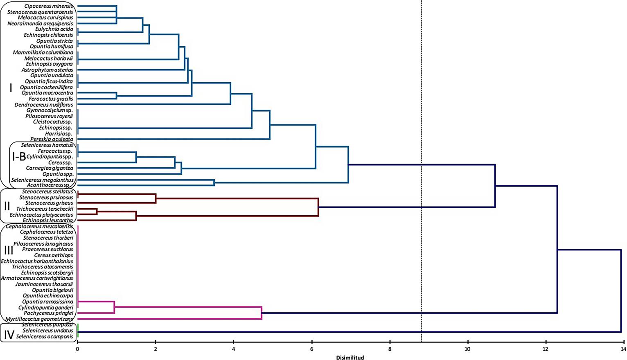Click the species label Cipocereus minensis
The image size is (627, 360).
pyautogui.click(x=49, y=6)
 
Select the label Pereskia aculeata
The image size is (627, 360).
pyautogui.click(x=52, y=139)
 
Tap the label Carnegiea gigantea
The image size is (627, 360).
pyautogui.click(x=50, y=168)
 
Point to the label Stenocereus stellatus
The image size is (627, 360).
pyautogui.click(x=47, y=191)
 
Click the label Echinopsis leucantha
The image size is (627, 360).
pyautogui.click(x=48, y=220)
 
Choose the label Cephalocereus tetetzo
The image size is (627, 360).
pyautogui.click(x=47, y=232)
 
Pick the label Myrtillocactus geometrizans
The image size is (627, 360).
pyautogui.click(x=39, y=319)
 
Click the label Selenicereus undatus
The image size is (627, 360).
pyautogui.click(x=48, y=331)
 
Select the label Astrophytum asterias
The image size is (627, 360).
pyautogui.click(x=47, y=70)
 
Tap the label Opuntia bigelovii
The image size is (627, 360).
pyautogui.click(x=52, y=290)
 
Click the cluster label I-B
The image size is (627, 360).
pyautogui.click(x=19, y=156)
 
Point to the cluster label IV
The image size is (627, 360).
pyautogui.click(x=9, y=335)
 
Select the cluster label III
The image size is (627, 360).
pyautogui.click(x=8, y=250)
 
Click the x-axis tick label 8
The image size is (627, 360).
pyautogui.click(x=390, y=349)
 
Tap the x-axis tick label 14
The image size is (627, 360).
pyautogui.click(x=623, y=349)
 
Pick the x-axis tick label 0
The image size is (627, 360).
pyautogui.click(x=77, y=349)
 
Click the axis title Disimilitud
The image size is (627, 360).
pyautogui.click(x=350, y=357)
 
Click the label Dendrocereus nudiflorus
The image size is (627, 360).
pyautogui.click(x=44, y=105)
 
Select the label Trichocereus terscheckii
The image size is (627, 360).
pyautogui.click(x=45, y=209)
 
